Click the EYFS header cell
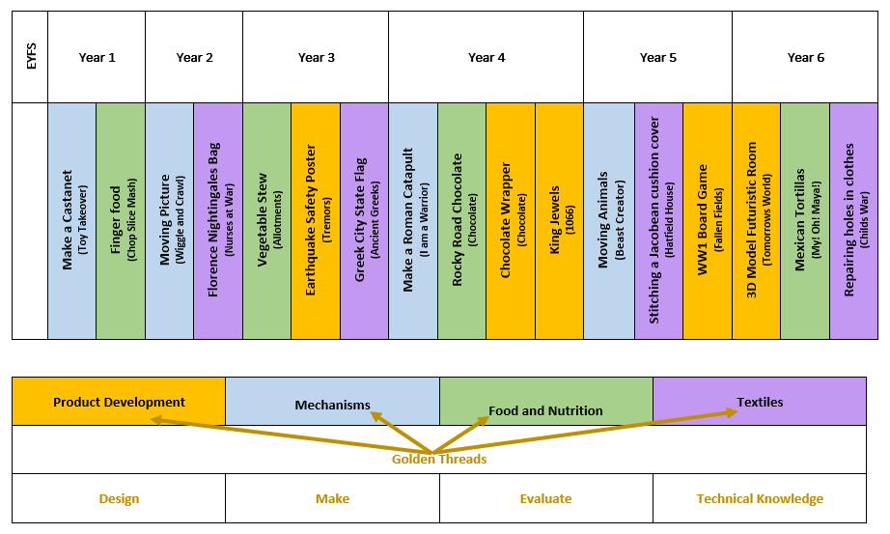click(x=29, y=58)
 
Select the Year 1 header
click(x=97, y=58)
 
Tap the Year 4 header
click(x=486, y=58)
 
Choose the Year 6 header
click(x=805, y=58)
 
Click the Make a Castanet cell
click(x=72, y=221)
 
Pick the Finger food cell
click(x=121, y=221)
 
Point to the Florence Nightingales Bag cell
click(x=218, y=221)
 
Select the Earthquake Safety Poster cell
click(x=316, y=221)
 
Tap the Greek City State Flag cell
click(x=365, y=221)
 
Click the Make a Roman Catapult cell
click(x=413, y=221)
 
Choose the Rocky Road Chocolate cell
click(x=462, y=221)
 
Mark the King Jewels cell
click(x=560, y=221)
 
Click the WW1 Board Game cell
click(x=707, y=221)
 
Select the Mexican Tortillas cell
click(x=805, y=221)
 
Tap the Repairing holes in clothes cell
click(x=854, y=221)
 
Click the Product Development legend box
click(x=119, y=402)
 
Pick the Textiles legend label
click(x=760, y=402)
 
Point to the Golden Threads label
click(x=439, y=460)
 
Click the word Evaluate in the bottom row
click(x=545, y=499)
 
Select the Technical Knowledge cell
click(x=760, y=499)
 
